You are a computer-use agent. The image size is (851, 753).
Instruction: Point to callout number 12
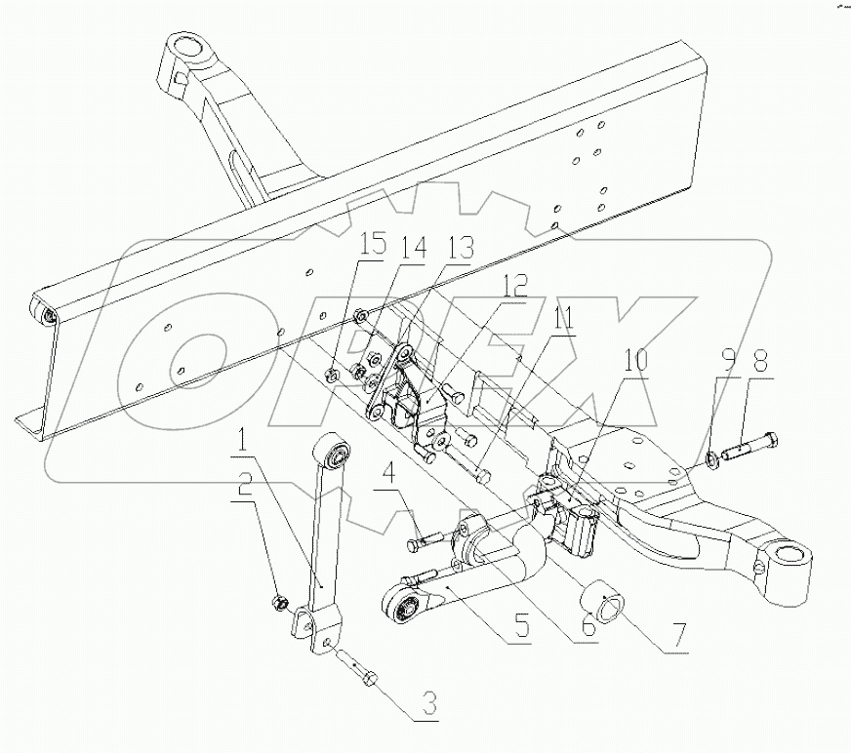click(515, 287)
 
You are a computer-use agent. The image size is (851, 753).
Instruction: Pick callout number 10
click(633, 360)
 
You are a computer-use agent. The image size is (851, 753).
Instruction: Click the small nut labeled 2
click(278, 600)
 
